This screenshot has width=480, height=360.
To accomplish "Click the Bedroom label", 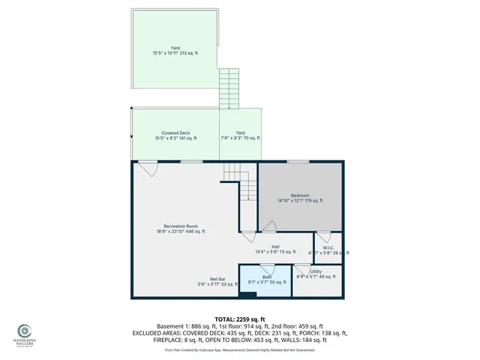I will point(300,195).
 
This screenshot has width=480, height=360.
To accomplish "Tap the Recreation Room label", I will point(181,226).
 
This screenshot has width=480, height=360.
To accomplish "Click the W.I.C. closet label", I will point(328,247).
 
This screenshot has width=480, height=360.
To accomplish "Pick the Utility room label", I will point(316,271).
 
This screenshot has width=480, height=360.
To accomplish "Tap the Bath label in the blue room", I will point(267,277).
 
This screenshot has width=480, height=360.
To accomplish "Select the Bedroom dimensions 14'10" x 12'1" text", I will point(300,201).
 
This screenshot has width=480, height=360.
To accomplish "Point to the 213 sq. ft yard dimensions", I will point(175,53).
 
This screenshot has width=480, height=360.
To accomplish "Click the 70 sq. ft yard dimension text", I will point(240,138).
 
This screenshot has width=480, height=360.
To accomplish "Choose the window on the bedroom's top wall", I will point(298,161).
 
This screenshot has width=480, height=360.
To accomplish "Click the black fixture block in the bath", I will point(251,293).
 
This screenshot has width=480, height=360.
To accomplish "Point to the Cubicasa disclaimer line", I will point(239,349).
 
